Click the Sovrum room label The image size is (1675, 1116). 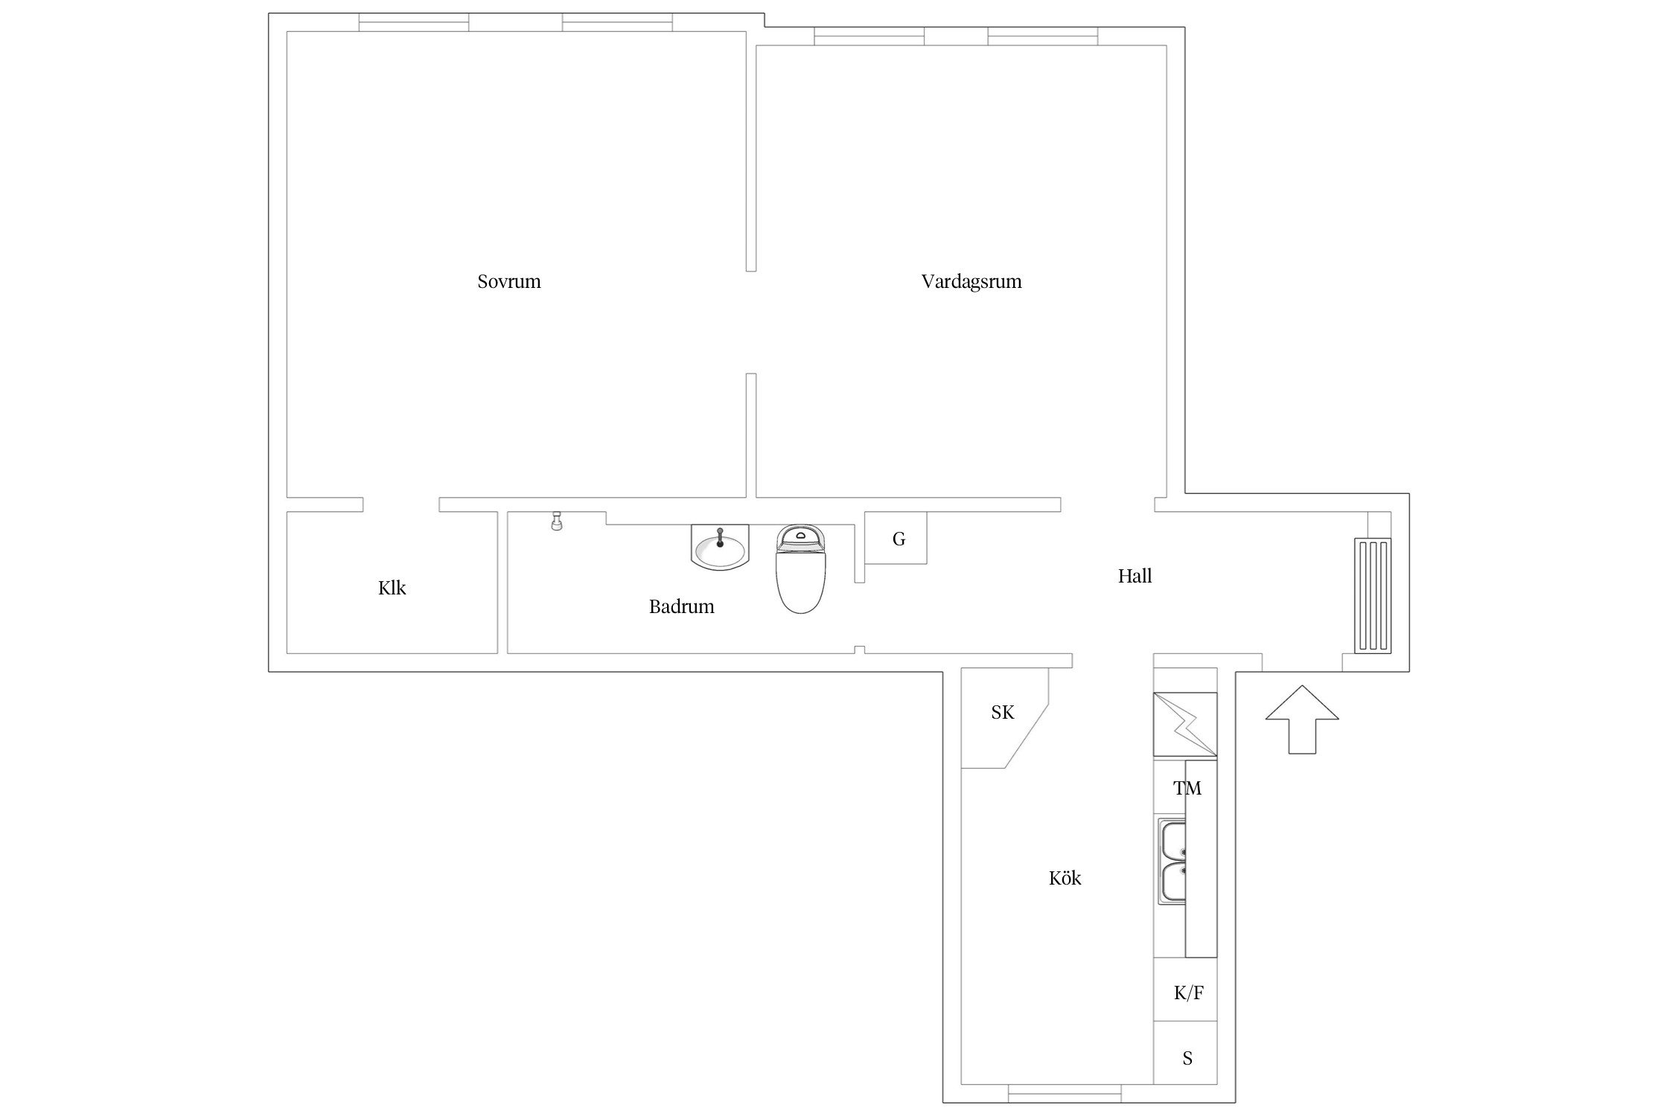[509, 281]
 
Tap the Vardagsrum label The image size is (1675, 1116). [971, 282]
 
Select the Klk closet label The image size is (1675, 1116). [392, 588]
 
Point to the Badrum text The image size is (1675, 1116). [681, 606]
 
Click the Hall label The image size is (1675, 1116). [1135, 576]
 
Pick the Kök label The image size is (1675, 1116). [1065, 878]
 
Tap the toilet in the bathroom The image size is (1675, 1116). [801, 568]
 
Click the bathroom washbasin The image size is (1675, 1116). [719, 547]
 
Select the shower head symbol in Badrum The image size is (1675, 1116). [556, 521]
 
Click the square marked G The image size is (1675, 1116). [896, 537]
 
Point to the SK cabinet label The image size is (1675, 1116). [1003, 713]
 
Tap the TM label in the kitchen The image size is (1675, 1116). [1187, 788]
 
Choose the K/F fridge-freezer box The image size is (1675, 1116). [1185, 989]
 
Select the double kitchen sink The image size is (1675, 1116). [1172, 862]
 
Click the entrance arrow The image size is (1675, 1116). [1302, 719]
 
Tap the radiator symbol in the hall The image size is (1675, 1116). [1372, 595]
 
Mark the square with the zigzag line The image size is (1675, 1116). [1185, 725]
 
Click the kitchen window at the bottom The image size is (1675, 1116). [1065, 1093]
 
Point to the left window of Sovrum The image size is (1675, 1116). [414, 22]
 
